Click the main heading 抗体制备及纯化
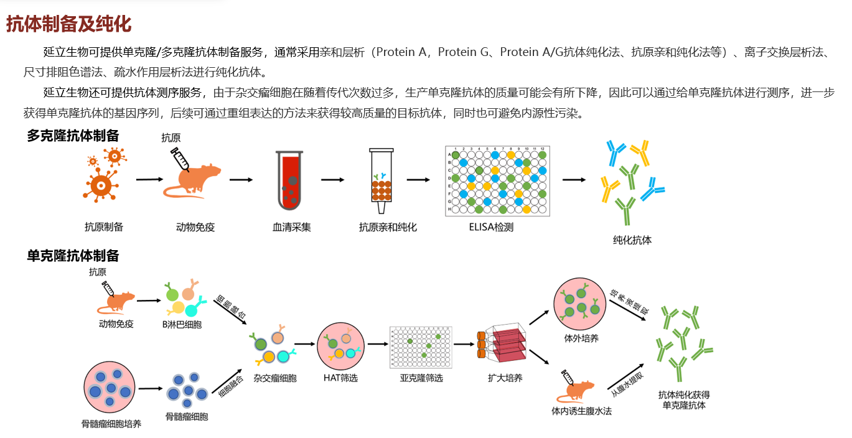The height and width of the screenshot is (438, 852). [68, 24]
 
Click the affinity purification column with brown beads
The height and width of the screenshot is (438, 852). [382, 177]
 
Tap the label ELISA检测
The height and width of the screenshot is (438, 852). [491, 228]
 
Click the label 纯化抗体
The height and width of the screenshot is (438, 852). [632, 240]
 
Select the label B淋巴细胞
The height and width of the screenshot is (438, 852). [182, 324]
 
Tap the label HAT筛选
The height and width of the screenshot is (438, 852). [340, 378]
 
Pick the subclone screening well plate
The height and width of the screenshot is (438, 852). [421, 347]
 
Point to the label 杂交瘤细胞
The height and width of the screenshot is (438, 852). [274, 378]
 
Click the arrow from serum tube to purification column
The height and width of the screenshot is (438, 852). [333, 180]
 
